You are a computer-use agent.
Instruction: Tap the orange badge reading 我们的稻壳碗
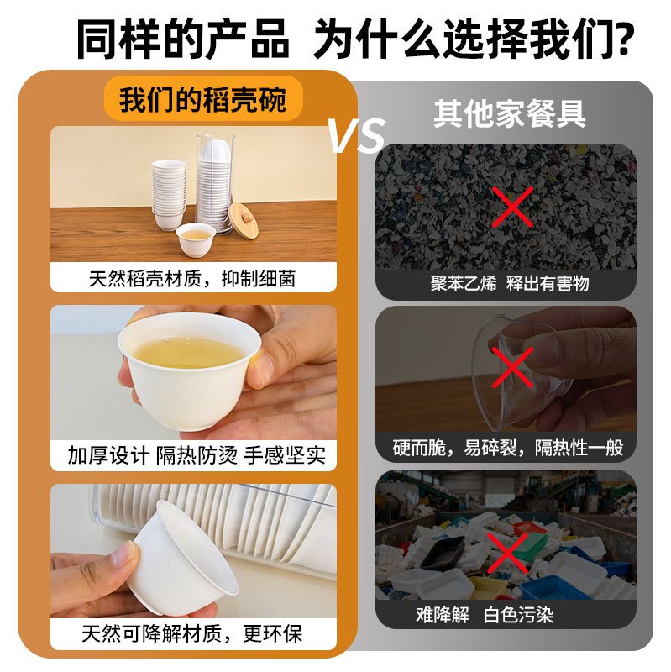[x=202, y=100]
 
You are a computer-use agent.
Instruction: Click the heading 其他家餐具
[x=509, y=113]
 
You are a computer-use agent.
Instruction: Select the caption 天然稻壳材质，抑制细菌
[x=192, y=278]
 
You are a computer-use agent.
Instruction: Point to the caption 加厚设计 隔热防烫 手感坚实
[x=196, y=456]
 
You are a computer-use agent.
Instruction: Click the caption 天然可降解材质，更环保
[x=192, y=633]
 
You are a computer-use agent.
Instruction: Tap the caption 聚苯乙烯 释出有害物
[x=510, y=284]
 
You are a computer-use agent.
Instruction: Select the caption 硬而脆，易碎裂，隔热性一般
[x=508, y=449]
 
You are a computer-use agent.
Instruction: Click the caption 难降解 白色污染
[x=485, y=615]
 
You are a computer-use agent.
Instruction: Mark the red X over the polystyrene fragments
[x=511, y=207]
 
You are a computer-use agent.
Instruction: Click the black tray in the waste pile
[x=443, y=552]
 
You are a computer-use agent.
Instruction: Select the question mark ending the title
[x=623, y=39]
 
